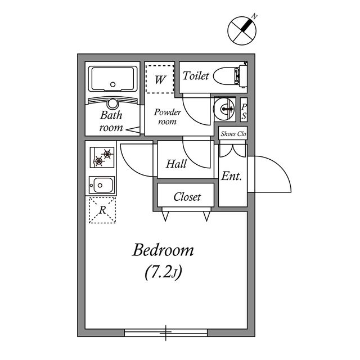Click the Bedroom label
click(x=163, y=250)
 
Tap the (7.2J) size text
click(x=163, y=272)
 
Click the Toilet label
click(x=196, y=76)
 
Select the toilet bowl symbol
click(x=230, y=75)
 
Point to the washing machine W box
click(x=160, y=79)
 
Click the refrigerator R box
click(x=102, y=210)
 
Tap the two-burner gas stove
click(x=102, y=157)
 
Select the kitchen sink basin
click(x=102, y=185)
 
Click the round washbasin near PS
click(x=224, y=109)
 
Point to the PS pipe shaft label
click(x=244, y=111)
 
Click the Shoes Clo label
click(x=233, y=134)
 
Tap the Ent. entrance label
click(x=231, y=176)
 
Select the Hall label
click(x=176, y=164)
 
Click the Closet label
click(x=187, y=197)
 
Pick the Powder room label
click(x=168, y=116)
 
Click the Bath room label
click(x=111, y=121)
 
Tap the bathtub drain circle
click(x=112, y=84)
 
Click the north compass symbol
click(x=242, y=30)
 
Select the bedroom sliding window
click(x=166, y=332)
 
